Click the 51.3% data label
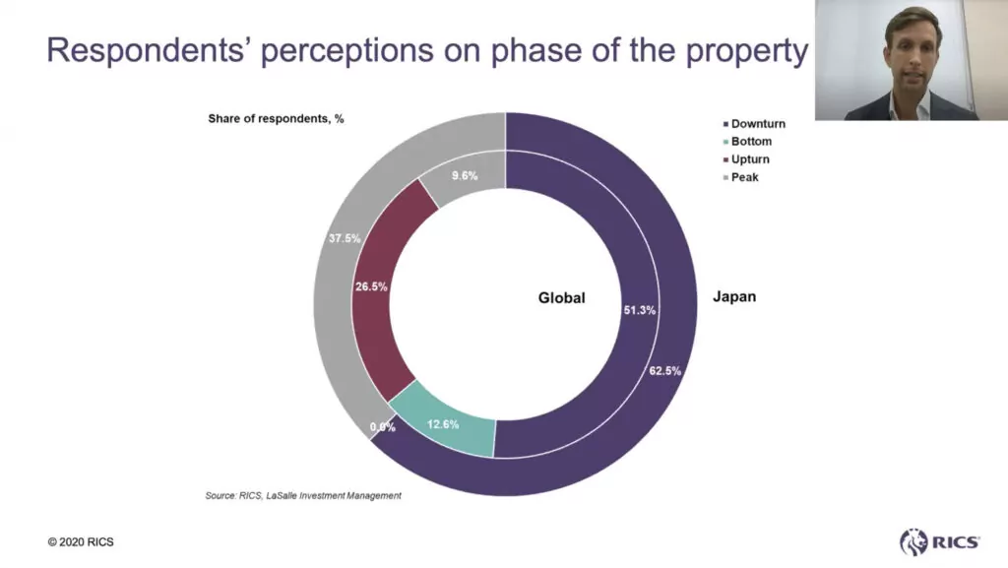(x=640, y=309)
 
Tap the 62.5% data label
(x=664, y=371)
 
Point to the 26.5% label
(x=370, y=286)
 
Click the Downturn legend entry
(x=758, y=124)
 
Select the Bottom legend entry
(x=751, y=142)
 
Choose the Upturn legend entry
(x=750, y=159)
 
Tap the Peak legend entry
(x=745, y=177)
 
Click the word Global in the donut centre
(x=561, y=297)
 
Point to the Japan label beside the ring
(x=733, y=296)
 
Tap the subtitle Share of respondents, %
(x=276, y=119)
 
